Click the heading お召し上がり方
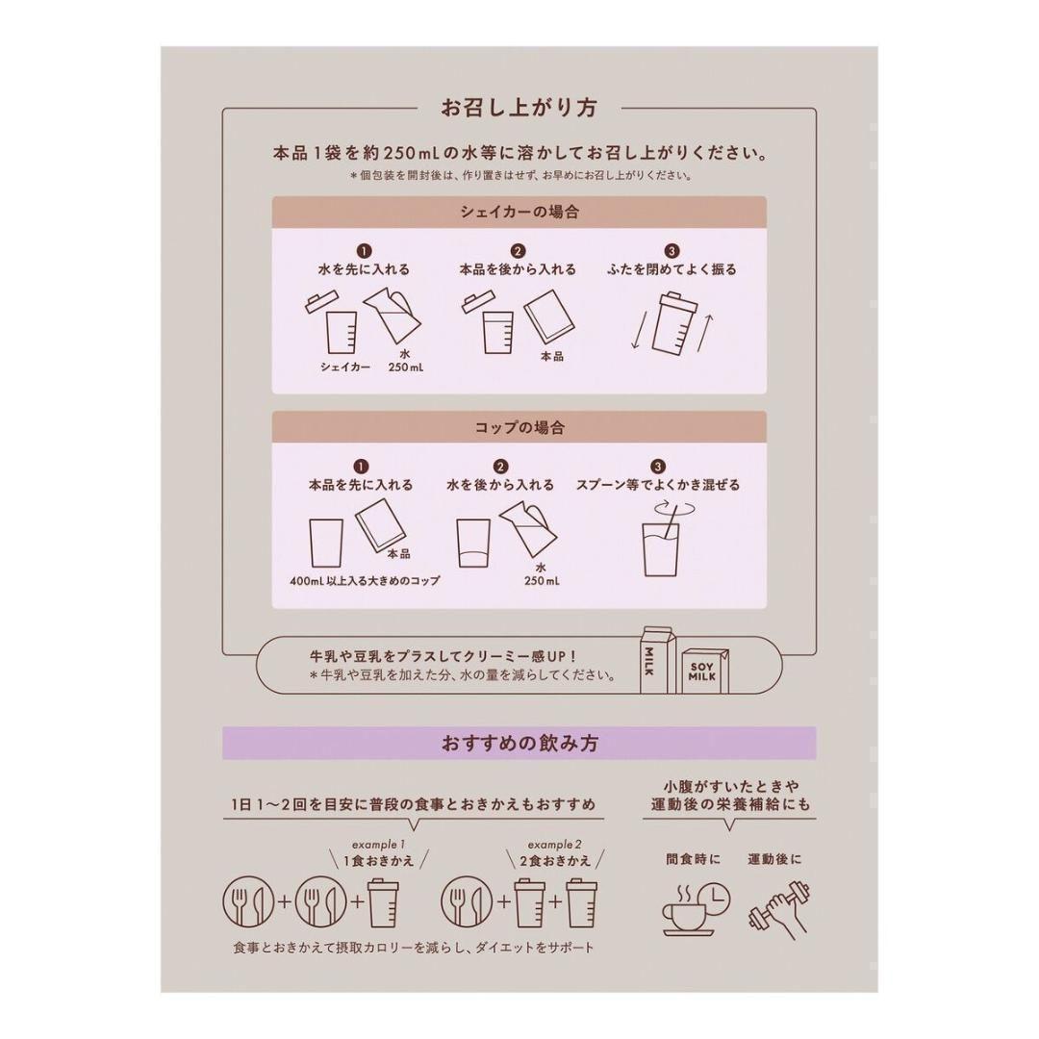[x=519, y=108]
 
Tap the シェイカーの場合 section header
[x=519, y=212]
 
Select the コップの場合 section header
[x=519, y=426]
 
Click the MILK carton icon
[x=657, y=660]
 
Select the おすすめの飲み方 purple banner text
[x=519, y=743]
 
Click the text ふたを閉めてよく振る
[x=672, y=270]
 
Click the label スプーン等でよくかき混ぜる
[x=658, y=486]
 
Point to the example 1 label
[x=371, y=844]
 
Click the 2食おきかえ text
[x=555, y=861]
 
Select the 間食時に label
[x=693, y=859]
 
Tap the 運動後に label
[x=774, y=859]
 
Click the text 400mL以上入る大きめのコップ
[x=365, y=582]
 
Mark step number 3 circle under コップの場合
[x=658, y=467]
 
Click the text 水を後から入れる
[x=500, y=486]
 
